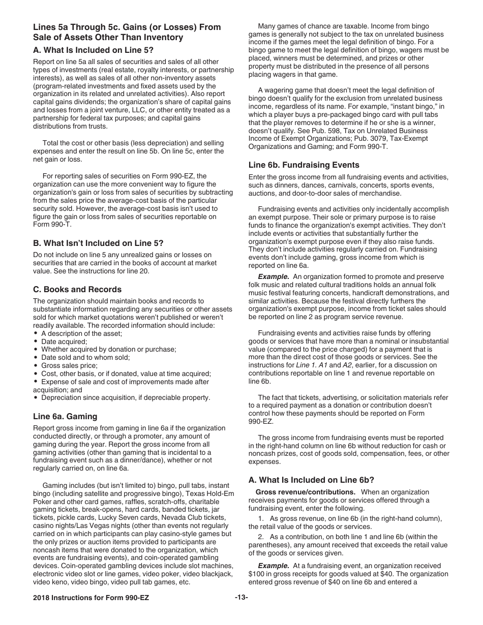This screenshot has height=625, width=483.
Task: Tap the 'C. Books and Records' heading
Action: [77, 289]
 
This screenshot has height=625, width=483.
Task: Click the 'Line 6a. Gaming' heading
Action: [65, 416]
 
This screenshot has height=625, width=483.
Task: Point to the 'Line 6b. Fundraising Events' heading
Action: [304, 165]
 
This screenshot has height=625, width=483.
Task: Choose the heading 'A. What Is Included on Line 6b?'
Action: [311, 480]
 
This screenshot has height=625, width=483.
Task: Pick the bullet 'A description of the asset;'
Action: [81, 333]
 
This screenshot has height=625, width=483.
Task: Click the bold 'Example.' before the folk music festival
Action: [274, 276]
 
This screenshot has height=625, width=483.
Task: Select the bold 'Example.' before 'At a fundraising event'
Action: [274, 566]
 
